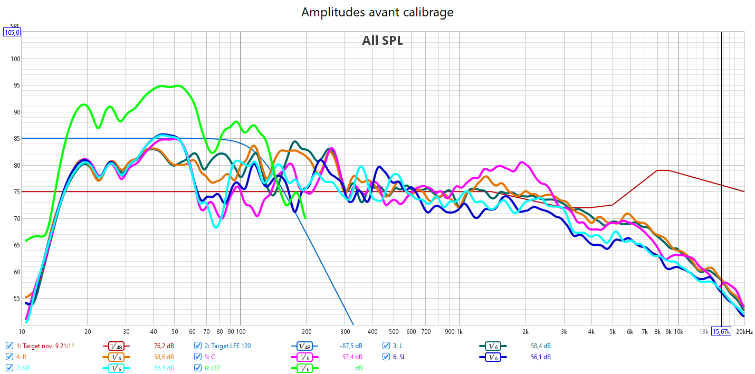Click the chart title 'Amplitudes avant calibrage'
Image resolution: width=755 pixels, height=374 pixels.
(377, 12)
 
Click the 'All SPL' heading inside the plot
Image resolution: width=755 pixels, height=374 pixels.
(382, 41)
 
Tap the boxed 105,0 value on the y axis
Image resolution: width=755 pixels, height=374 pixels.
(12, 32)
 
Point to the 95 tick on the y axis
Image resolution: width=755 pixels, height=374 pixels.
(15, 85)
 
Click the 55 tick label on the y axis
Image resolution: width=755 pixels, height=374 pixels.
(15, 299)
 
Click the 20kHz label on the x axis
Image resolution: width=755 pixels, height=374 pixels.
(744, 332)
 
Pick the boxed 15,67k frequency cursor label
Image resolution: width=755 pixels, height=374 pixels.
(721, 332)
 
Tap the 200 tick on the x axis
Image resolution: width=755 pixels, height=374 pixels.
(305, 332)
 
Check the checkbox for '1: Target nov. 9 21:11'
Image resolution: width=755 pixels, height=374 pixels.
(9, 346)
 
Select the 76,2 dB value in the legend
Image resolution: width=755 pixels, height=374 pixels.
(164, 346)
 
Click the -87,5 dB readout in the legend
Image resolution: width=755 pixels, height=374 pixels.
(351, 346)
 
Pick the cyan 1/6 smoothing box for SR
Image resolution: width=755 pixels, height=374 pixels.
(116, 368)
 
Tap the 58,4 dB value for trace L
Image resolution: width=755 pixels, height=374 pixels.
(540, 346)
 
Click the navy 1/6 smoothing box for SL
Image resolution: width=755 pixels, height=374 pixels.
(492, 357)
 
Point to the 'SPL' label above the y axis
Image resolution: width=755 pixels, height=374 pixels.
(14, 26)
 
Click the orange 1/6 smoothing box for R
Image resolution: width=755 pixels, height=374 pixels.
(116, 357)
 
